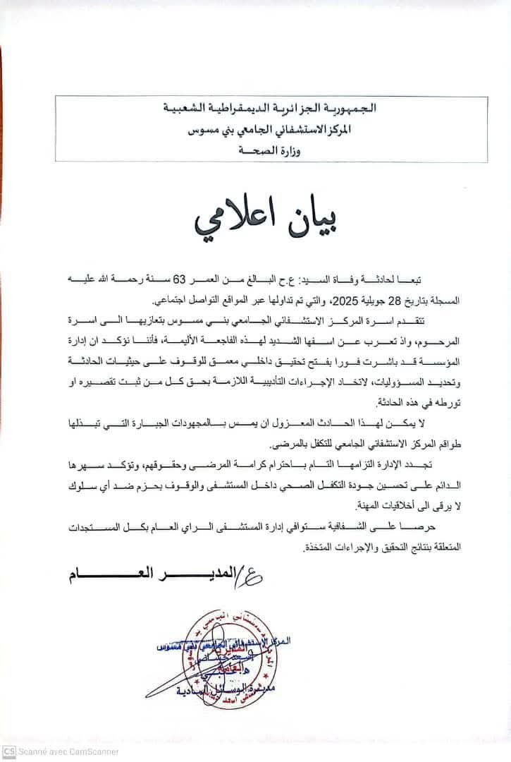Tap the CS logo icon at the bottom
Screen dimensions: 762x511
coord(9,754)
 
